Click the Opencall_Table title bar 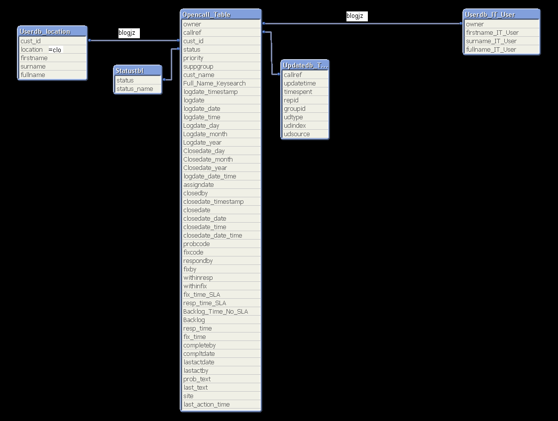coord(221,14)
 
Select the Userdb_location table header coord(52,31)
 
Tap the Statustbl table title coord(138,71)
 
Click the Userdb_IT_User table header coord(501,14)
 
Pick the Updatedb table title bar coord(305,65)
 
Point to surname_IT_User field coord(491,41)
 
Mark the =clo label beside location coord(55,50)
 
